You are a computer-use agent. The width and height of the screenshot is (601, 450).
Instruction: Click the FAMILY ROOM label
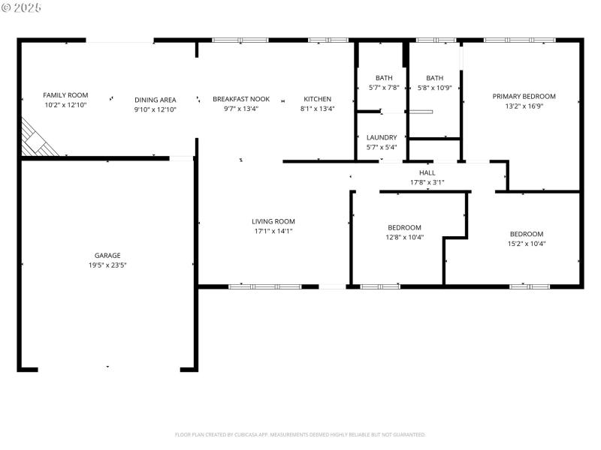tap(65, 95)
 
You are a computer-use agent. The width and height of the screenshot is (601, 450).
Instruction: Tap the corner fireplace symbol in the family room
tap(36, 140)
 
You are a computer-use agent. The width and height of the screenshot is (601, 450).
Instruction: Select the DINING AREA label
tap(156, 100)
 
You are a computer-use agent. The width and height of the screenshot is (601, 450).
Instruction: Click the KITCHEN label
tap(317, 99)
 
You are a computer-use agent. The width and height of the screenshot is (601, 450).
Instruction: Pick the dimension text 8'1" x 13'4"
tap(317, 109)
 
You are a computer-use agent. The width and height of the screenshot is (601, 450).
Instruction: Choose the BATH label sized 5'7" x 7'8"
tap(384, 78)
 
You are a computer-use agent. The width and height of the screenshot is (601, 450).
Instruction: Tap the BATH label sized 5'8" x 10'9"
tap(434, 78)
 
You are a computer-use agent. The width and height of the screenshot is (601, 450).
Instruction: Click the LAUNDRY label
tap(382, 137)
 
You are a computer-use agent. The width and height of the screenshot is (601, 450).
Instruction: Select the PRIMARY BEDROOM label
tap(524, 96)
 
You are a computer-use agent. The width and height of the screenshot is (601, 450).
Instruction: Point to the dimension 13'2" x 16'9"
tap(524, 106)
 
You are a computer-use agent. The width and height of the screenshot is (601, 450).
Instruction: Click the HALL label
tap(427, 172)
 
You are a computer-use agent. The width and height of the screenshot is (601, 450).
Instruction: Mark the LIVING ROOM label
tap(273, 221)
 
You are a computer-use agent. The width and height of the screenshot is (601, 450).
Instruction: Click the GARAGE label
tap(107, 255)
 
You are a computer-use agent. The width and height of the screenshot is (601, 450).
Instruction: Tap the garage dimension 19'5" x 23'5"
tap(107, 265)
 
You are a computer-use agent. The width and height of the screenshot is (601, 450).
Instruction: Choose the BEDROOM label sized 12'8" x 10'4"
tap(404, 227)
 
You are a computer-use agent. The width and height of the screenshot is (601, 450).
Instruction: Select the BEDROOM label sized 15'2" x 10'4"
tap(526, 233)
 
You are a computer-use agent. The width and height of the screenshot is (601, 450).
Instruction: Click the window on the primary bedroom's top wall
tap(519, 40)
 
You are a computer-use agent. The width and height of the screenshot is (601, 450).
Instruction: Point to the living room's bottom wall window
tap(264, 286)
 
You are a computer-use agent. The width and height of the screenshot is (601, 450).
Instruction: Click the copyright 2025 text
tap(23, 7)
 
